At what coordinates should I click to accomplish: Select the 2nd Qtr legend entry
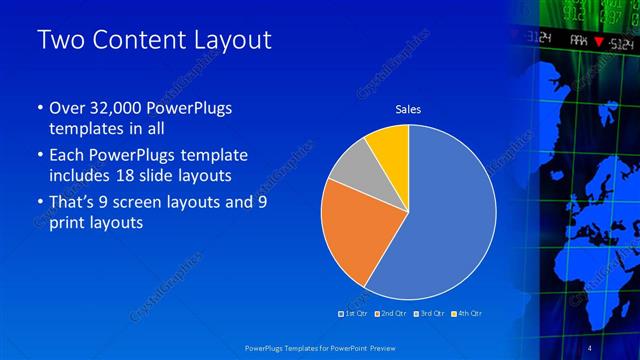coord(391,313)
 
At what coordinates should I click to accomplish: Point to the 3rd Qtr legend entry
coord(429,313)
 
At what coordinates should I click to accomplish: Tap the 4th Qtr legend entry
coord(467,313)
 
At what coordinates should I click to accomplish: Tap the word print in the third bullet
coord(70,223)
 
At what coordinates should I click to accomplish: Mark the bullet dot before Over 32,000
coord(39,108)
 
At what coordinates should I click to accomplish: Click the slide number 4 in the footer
coord(590,347)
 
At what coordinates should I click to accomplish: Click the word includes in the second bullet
coord(81,177)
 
